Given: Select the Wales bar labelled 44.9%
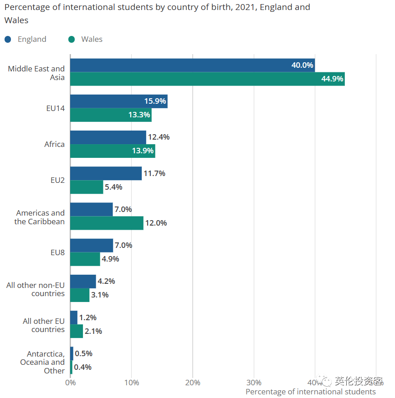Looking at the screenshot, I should click(207, 79).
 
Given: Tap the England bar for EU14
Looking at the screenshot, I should click(118, 101).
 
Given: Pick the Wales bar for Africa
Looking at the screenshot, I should click(113, 151).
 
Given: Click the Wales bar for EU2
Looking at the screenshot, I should click(87, 187).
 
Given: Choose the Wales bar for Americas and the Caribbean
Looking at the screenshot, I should click(107, 223).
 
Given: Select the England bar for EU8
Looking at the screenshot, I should click(92, 245).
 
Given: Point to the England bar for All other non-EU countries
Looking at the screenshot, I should click(83, 281).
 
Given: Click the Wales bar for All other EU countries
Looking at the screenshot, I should click(77, 331).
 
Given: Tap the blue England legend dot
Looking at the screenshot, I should click(8, 39).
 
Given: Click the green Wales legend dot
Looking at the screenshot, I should click(71, 39).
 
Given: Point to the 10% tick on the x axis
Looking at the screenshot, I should click(131, 383).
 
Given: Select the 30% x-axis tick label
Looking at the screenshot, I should click(254, 383).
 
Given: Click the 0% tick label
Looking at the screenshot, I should click(70, 383).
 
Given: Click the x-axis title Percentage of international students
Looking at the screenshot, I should click(310, 392).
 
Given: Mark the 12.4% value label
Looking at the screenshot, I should click(159, 137).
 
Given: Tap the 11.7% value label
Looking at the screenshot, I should click(154, 173).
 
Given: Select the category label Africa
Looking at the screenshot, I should click(54, 144).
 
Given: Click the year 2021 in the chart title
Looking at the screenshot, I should click(246, 7).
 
